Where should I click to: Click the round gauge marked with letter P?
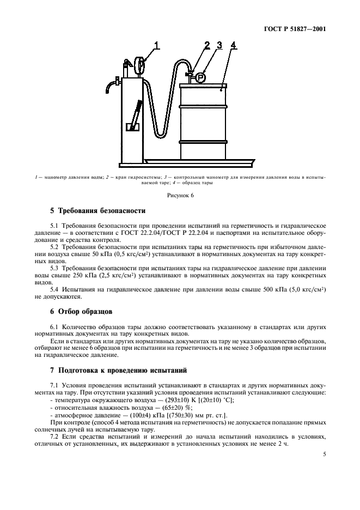click(199, 77)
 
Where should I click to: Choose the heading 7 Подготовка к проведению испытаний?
click(118, 371)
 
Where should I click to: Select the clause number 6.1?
click(54, 326)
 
